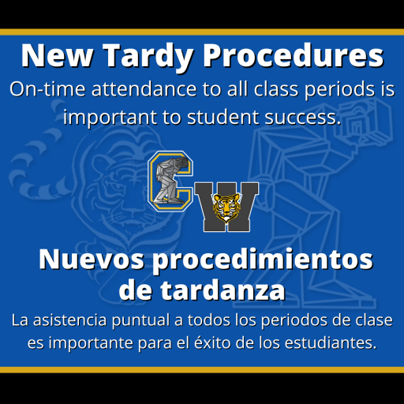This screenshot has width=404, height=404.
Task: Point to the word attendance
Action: [x=136, y=89]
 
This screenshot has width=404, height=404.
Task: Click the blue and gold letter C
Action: [x=170, y=183]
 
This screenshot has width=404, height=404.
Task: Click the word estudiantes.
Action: [x=331, y=344]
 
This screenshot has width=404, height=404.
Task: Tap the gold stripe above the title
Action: [x=202, y=32]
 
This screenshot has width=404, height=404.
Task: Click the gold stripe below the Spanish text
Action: [x=202, y=369]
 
